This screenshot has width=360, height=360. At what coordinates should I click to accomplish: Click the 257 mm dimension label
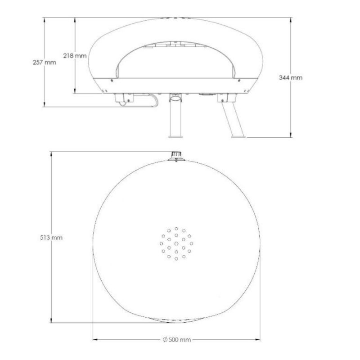pyautogui.click(x=44, y=63)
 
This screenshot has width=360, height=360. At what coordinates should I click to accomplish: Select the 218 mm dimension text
pyautogui.click(x=75, y=55)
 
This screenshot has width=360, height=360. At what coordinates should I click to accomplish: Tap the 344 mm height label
pyautogui.click(x=291, y=77)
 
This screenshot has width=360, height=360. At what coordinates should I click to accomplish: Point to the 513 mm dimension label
pyautogui.click(x=51, y=238)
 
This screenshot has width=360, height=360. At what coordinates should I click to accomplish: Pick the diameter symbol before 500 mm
pyautogui.click(x=165, y=340)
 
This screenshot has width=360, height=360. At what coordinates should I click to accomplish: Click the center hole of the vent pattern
pyautogui.click(x=176, y=243)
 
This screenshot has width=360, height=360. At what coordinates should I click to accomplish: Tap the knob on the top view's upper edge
pyautogui.click(x=176, y=156)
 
